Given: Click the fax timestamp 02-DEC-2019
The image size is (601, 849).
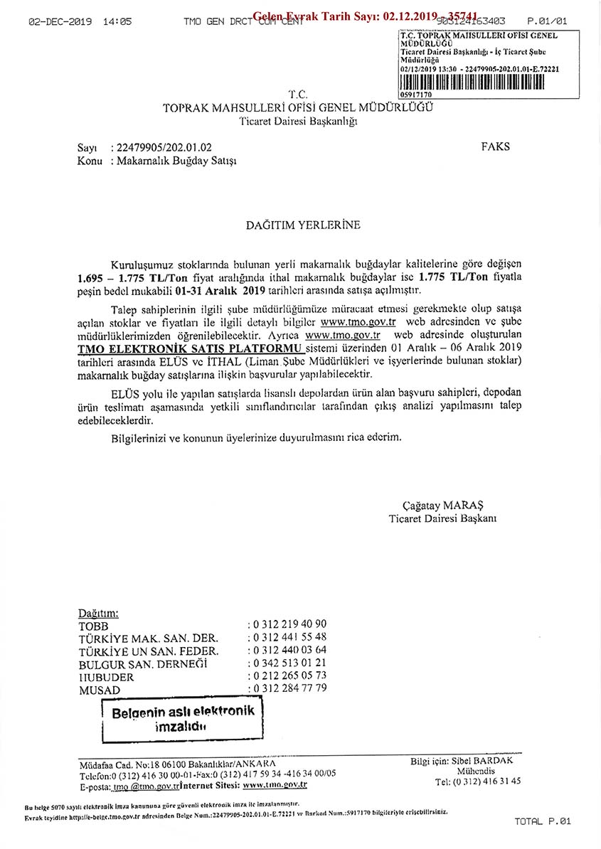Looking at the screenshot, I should coord(60,22).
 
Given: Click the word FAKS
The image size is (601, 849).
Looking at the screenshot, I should coord(496,147).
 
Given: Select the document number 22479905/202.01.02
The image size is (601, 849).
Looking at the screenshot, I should coord(161,148).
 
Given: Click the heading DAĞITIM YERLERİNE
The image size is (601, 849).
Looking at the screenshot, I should coord(303,225).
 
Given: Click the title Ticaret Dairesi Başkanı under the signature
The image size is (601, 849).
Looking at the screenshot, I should coord(442,518).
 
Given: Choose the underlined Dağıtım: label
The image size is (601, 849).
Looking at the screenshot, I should coord(97,612).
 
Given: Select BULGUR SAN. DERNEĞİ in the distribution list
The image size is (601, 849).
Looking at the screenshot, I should coord(142,663).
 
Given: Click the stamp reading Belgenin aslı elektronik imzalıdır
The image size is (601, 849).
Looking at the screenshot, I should coord(183,719).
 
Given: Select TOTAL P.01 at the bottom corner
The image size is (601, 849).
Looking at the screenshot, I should coord(543,822).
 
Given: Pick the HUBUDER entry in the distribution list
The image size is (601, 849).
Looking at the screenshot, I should coord(106,677).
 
